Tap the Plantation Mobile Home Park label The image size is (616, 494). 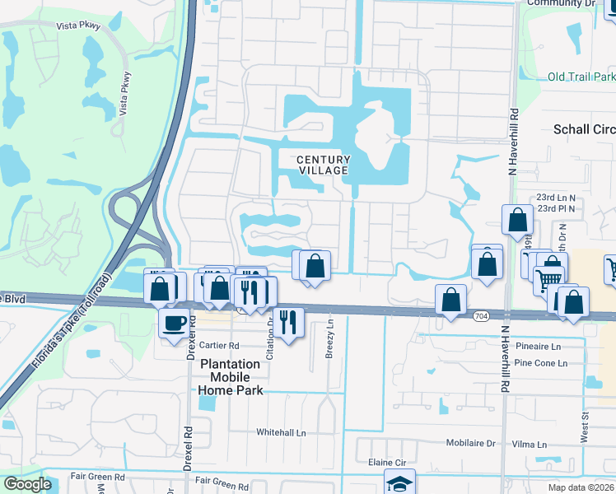coord(231,377)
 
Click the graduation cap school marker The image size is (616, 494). coord(399,483)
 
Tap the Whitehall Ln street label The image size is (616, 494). coord(281,432)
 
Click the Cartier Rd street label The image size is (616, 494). coord(218,346)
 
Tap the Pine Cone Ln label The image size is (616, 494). coord(540,363)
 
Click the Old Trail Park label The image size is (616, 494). coord(581,77)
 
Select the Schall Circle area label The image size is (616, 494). coord(584,130)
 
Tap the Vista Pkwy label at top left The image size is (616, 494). coord(78,26)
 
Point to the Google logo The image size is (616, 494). coord(26,484)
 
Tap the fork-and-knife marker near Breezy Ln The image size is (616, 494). coord(287,321)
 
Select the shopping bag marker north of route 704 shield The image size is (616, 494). coord(450,301)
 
